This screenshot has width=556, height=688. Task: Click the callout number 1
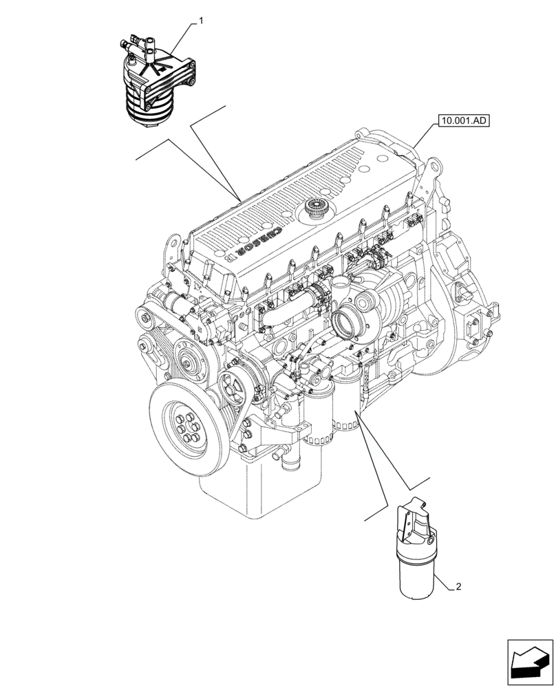click(201, 22)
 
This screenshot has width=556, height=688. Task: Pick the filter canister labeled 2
click(416, 550)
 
